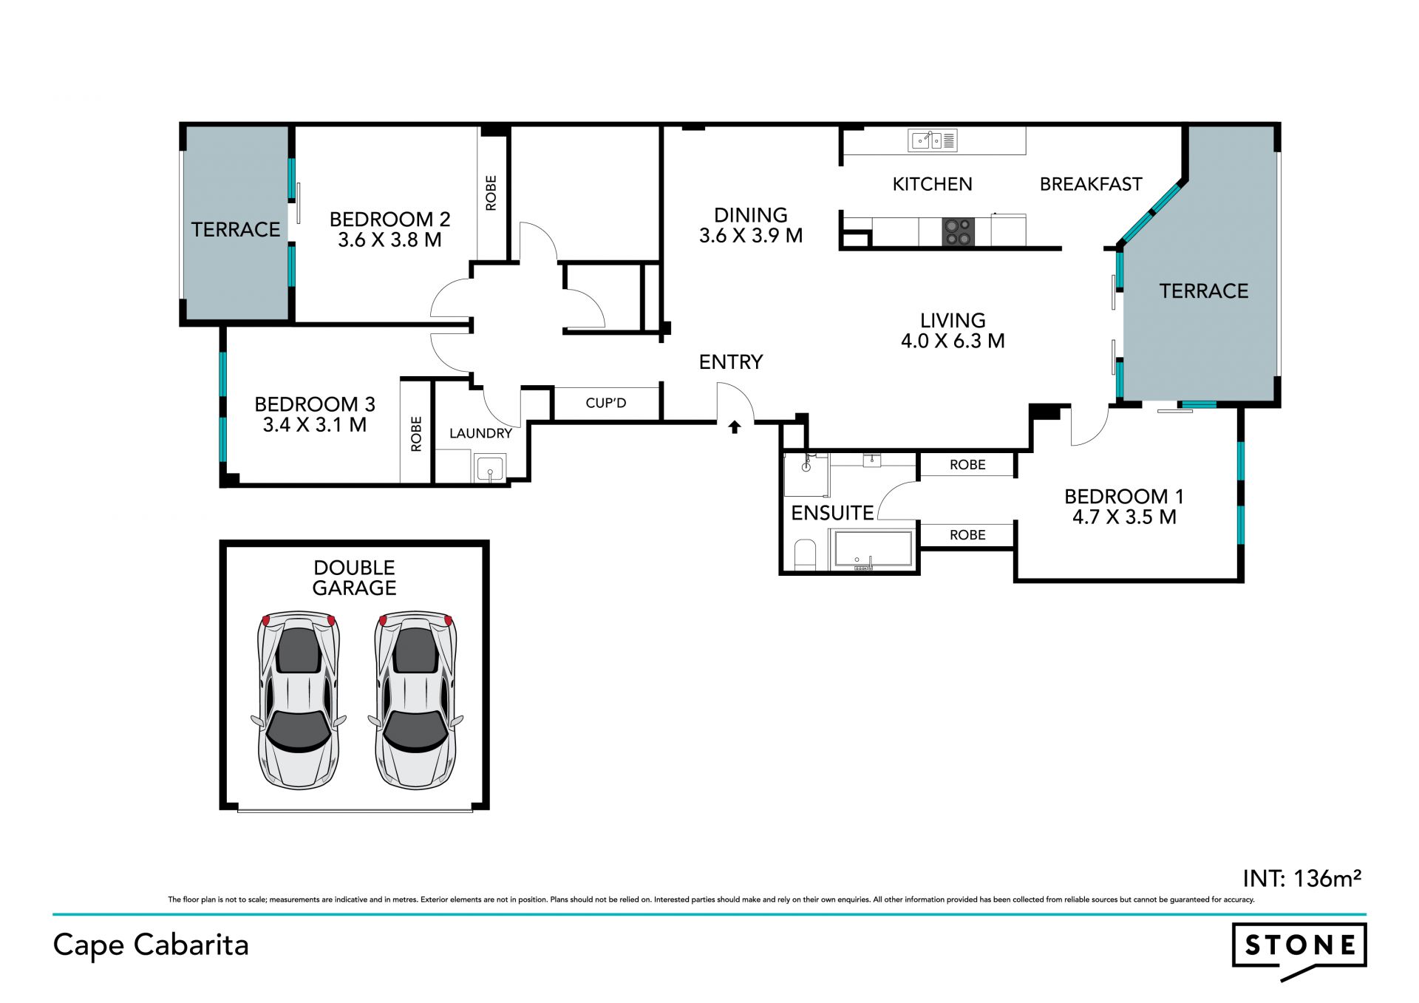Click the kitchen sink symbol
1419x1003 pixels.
click(934, 140)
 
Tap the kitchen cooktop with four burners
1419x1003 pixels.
click(959, 231)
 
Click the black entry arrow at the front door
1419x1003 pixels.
click(734, 426)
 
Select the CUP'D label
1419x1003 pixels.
click(606, 403)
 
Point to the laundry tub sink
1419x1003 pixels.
click(489, 469)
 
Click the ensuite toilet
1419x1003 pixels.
click(804, 554)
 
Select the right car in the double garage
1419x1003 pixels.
click(416, 700)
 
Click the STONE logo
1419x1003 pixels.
click(1299, 949)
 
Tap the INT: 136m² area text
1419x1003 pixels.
click(1302, 878)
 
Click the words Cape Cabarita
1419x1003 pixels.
click(151, 945)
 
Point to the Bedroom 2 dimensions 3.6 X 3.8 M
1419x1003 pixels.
click(389, 240)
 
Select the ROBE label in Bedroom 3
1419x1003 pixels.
click(416, 434)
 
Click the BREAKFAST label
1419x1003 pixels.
click(1091, 184)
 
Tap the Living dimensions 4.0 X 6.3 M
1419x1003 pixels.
click(953, 341)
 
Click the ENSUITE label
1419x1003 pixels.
click(832, 513)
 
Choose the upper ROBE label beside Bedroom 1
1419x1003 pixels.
click(967, 465)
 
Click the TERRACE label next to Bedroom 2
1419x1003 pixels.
click(236, 230)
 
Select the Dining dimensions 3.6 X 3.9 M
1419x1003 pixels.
click(751, 236)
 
